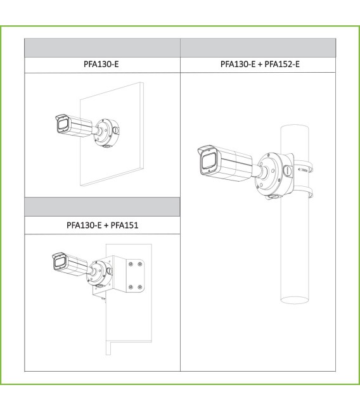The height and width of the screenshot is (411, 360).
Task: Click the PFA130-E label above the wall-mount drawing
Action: pyautogui.click(x=101, y=64)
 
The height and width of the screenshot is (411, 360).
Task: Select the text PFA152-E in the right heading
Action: pyautogui.click(x=282, y=64)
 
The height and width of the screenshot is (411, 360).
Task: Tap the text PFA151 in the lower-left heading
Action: pyautogui.click(x=124, y=225)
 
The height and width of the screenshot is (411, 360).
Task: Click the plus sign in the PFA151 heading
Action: pyautogui.click(x=106, y=225)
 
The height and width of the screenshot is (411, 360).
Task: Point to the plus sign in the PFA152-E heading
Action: pyautogui.click(x=260, y=65)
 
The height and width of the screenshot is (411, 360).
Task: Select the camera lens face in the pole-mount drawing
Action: pyautogui.click(x=209, y=163)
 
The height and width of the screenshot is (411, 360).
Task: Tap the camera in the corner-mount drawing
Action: pyautogui.click(x=70, y=264)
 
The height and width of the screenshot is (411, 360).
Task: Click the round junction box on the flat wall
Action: pyautogui.click(x=106, y=133)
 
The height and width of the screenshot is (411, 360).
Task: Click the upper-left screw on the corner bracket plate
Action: pyautogui.click(x=131, y=263)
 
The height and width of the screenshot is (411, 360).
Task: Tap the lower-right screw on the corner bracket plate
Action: pyautogui.click(x=140, y=287)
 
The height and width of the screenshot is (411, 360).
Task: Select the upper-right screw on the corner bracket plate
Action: pyautogui.click(x=140, y=263)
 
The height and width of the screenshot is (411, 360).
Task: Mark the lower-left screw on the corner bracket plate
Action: pyautogui.click(x=131, y=287)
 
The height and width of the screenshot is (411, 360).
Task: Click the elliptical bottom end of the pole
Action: pyautogui.click(x=294, y=300)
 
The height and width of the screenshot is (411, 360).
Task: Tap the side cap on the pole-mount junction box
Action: pyautogui.click(x=287, y=170)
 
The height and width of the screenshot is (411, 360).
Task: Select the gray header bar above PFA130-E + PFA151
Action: pyautogui.click(x=102, y=207)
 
